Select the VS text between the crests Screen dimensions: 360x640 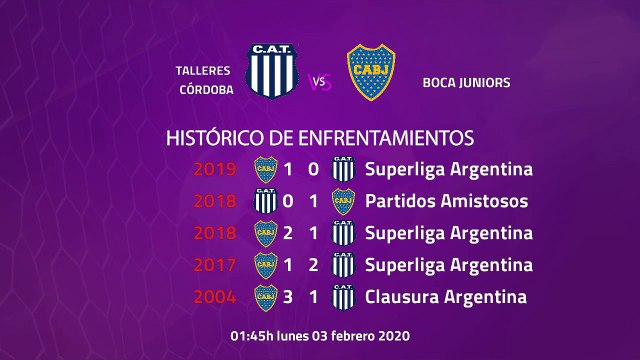[x=320, y=82]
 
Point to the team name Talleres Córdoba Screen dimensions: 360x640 [x=203, y=80]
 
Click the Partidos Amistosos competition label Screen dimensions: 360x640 [x=446, y=201]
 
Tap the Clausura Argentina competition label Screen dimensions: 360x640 [x=446, y=297]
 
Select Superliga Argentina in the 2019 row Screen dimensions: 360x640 [x=449, y=169]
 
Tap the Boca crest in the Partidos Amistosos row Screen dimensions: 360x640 [x=343, y=201]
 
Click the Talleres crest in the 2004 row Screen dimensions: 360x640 [x=343, y=297]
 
